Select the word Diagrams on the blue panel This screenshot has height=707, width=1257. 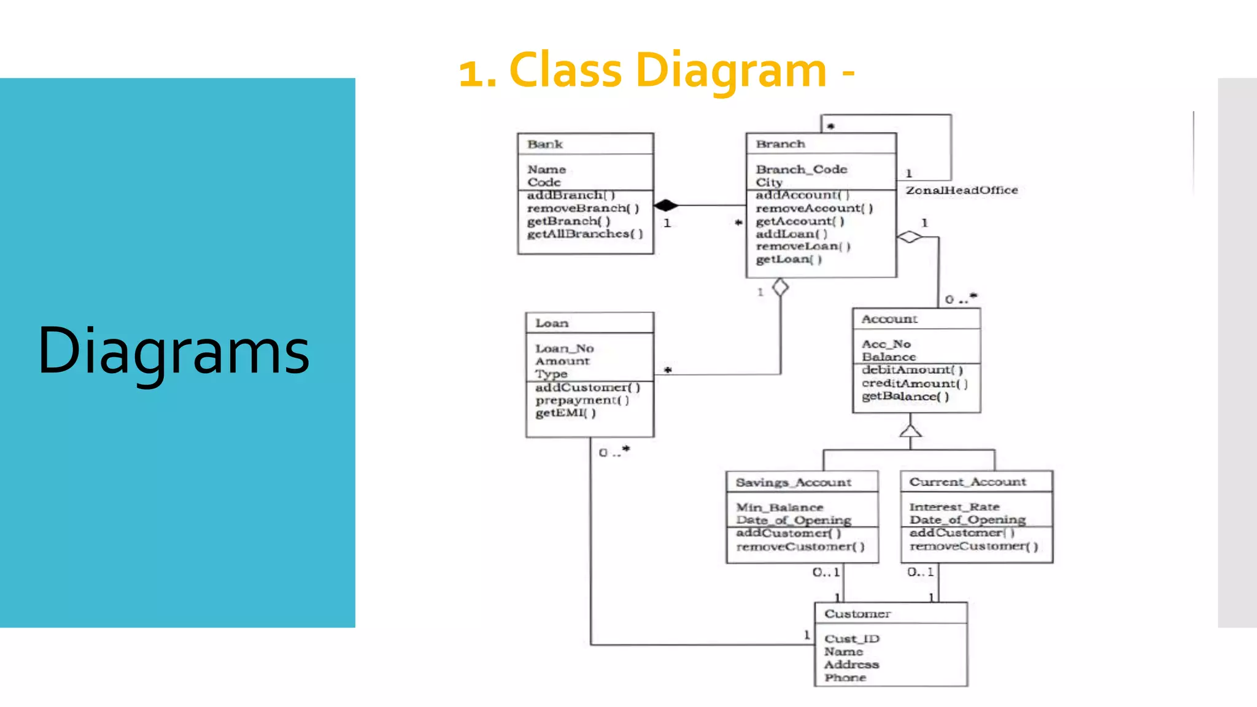pyautogui.click(x=174, y=351)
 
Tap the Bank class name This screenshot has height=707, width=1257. pyautogui.click(x=544, y=144)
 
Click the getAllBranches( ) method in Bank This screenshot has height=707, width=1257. pyautogui.click(x=584, y=234)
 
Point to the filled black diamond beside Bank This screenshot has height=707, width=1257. pyautogui.click(x=666, y=205)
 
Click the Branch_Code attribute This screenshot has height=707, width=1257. pyautogui.click(x=801, y=169)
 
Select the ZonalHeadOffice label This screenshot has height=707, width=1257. pyautogui.click(x=961, y=190)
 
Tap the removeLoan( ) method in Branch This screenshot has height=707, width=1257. pyautogui.click(x=802, y=246)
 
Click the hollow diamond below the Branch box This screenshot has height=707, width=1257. pyautogui.click(x=780, y=287)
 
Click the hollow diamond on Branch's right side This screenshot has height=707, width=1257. pyautogui.click(x=910, y=236)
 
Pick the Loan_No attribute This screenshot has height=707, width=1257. pyautogui.click(x=564, y=348)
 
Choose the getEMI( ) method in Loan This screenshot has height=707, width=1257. pyautogui.click(x=565, y=413)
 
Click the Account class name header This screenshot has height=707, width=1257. pyautogui.click(x=889, y=319)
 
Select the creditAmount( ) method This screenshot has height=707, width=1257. pyautogui.click(x=914, y=383)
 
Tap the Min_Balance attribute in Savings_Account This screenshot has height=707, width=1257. pyautogui.click(x=779, y=508)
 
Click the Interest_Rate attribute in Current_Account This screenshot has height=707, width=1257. pyautogui.click(x=954, y=507)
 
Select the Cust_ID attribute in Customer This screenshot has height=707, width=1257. pyautogui.click(x=851, y=639)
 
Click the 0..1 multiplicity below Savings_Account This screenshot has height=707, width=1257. pyautogui.click(x=826, y=572)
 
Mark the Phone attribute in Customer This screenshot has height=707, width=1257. pyautogui.click(x=845, y=678)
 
